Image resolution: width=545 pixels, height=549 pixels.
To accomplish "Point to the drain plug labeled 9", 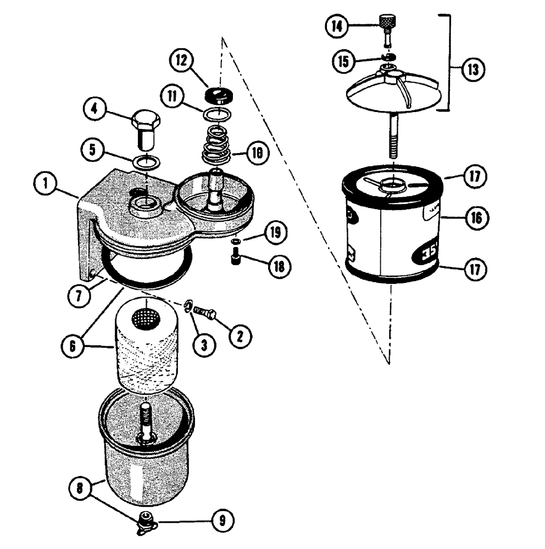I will (x=146, y=520).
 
